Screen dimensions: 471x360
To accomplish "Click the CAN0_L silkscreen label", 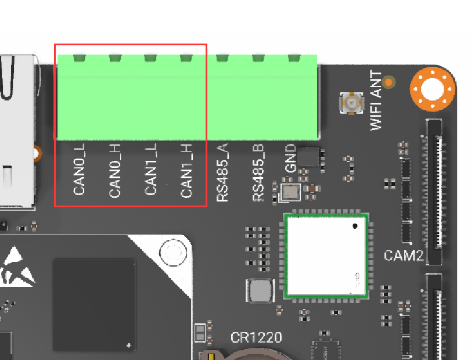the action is (x=79, y=169).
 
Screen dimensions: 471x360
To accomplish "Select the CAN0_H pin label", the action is (x=115, y=170).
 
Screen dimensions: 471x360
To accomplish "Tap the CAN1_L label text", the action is (x=150, y=169).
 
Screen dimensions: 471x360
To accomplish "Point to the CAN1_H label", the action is (x=186, y=171).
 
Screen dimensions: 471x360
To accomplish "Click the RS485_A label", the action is (x=222, y=172).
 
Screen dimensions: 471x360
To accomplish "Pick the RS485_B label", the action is (x=258, y=172).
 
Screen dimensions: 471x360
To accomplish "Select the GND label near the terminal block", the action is (x=290, y=159).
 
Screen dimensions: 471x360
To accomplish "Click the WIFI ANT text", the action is (x=376, y=100).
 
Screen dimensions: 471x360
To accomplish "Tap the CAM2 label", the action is (x=404, y=255).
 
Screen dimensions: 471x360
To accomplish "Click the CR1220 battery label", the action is (x=256, y=337).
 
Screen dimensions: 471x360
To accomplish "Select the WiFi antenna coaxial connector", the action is (x=351, y=103).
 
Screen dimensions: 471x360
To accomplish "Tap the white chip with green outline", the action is (x=326, y=256).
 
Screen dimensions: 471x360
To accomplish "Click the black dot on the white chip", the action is (x=355, y=226).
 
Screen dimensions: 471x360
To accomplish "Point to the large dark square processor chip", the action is (x=94, y=305).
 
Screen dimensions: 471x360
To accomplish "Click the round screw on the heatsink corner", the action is (x=173, y=253).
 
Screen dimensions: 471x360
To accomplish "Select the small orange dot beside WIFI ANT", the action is (x=389, y=82).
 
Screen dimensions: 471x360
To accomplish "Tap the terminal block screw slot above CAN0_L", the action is (x=80, y=58).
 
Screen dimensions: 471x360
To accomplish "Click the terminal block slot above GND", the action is (x=294, y=58).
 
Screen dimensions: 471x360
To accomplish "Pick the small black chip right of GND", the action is (x=308, y=157).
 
